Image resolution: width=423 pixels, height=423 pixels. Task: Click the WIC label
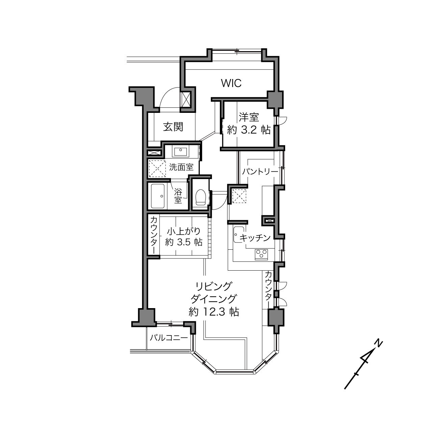tap(231, 83)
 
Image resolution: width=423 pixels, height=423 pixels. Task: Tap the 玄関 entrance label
tap(173, 127)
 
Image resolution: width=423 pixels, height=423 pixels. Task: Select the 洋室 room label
tap(249, 117)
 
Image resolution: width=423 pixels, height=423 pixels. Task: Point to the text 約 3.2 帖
tap(249, 130)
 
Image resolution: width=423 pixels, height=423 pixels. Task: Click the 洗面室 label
tap(181, 167)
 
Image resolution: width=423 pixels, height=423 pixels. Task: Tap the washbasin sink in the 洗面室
tap(180, 151)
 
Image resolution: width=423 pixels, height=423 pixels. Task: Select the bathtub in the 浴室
tap(158, 196)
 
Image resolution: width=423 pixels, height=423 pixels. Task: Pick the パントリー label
tap(260, 172)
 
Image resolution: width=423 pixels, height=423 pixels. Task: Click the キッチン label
tap(255, 238)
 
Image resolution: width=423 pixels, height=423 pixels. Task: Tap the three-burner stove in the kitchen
tap(261, 254)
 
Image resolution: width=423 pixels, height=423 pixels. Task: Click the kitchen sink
tap(239, 234)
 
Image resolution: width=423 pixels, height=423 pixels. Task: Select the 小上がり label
tap(184, 231)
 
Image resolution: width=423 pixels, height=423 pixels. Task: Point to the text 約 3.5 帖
tap(184, 242)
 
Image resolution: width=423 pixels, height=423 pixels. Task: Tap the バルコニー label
tap(169, 338)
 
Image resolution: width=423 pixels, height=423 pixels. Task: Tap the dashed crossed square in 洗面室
tap(157, 169)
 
